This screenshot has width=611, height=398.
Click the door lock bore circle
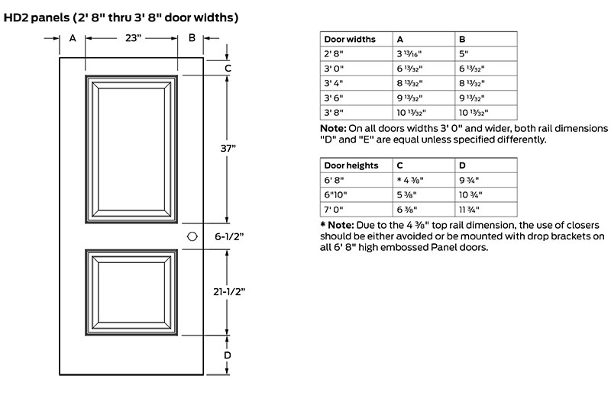pyautogui.click(x=192, y=236)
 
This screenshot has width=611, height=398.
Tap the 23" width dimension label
pyautogui.click(x=134, y=38)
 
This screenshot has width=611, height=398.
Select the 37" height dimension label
pyautogui.click(x=228, y=148)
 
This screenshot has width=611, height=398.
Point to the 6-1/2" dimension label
pyautogui.click(x=229, y=236)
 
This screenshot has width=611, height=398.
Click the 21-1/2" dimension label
pyautogui.click(x=229, y=291)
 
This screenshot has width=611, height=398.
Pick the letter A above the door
pyautogui.click(x=73, y=38)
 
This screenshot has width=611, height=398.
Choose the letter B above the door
pyautogui.click(x=192, y=37)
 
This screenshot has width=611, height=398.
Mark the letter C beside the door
pyautogui.click(x=228, y=69)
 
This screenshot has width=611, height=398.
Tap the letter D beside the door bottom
pyautogui.click(x=227, y=355)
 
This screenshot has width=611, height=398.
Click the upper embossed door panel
pyautogui.click(x=131, y=149)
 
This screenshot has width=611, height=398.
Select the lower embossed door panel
pyautogui.click(x=131, y=293)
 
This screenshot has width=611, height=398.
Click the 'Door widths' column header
pyautogui.click(x=350, y=40)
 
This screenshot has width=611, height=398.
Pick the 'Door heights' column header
pyautogui.click(x=351, y=165)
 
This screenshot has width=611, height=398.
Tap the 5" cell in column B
pyautogui.click(x=464, y=53)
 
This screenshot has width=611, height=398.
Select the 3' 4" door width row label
pyautogui.click(x=334, y=83)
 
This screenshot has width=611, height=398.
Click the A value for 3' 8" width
pyautogui.click(x=411, y=113)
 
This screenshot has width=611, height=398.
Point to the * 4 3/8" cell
pyautogui.click(x=410, y=180)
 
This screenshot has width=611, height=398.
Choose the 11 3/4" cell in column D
pyautogui.click(x=469, y=210)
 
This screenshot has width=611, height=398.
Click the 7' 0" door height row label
pyautogui.click(x=334, y=210)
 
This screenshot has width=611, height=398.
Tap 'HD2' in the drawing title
pyautogui.click(x=15, y=18)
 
